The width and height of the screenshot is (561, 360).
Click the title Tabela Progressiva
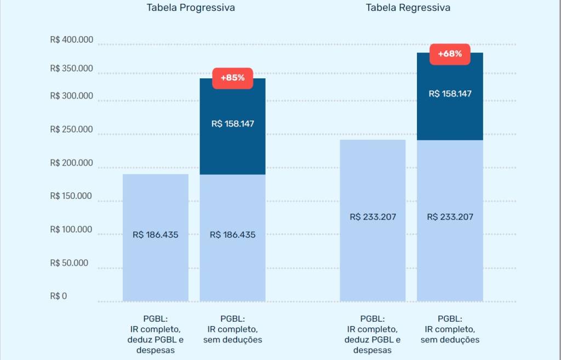click(x=191, y=8)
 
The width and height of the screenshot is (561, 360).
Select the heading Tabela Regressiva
click(x=408, y=8)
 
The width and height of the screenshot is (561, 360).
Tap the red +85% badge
click(x=232, y=78)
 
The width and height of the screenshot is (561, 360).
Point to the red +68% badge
click(x=450, y=54)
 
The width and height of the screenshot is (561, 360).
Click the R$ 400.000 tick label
click(x=71, y=40)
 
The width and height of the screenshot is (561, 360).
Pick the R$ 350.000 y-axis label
click(x=71, y=69)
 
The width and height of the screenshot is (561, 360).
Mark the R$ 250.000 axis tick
click(x=71, y=130)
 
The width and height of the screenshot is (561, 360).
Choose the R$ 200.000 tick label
click(x=71, y=163)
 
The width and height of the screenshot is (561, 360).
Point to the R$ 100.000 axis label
click(x=71, y=230)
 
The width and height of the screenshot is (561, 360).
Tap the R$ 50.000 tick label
click(x=69, y=263)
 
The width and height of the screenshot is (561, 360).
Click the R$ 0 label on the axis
click(x=58, y=296)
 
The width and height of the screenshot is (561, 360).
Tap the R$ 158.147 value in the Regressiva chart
click(x=450, y=94)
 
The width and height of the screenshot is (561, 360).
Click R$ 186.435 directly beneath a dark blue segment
click(x=232, y=235)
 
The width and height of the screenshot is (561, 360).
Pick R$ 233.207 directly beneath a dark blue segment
click(x=450, y=217)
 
